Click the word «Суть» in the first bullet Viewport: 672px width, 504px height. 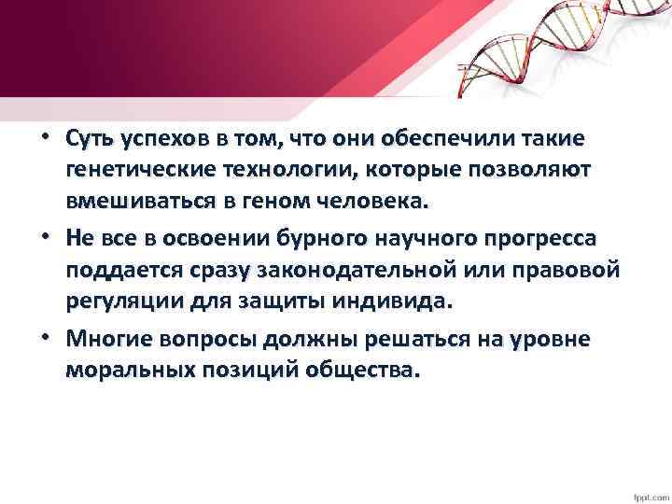(91, 139)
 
